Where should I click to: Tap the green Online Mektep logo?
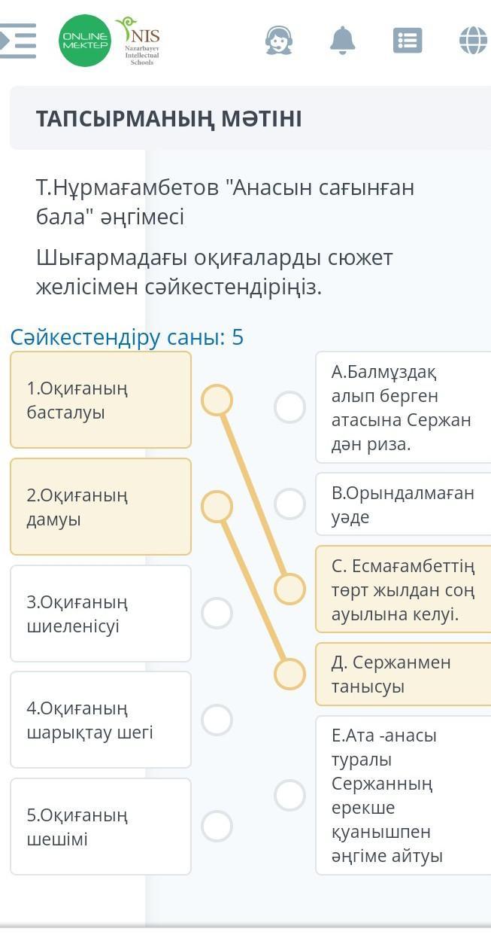pos(85,41)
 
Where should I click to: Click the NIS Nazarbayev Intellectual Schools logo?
pos(139,41)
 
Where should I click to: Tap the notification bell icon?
pos(342,40)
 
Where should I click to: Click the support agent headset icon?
pos(278,40)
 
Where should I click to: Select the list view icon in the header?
pos(408,40)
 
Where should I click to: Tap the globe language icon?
pos(474,40)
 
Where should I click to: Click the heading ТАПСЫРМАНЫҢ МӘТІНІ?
pos(168,119)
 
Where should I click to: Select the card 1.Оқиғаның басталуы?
pos(101,400)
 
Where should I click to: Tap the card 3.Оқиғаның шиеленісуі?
pos(101,614)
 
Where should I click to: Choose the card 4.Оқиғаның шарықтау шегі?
pos(101,720)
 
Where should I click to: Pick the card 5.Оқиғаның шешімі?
pos(101,827)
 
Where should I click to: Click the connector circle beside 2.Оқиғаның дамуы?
pos(217,507)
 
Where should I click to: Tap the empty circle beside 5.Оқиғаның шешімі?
pos(217,827)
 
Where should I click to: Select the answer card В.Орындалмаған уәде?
pos(403,504)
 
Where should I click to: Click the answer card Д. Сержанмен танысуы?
pos(403,674)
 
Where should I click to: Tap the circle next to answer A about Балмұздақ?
pos(289,407)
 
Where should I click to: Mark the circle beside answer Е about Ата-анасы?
pos(289,795)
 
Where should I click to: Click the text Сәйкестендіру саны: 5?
pos(127,337)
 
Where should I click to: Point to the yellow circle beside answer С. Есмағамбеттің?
pos(289,589)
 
